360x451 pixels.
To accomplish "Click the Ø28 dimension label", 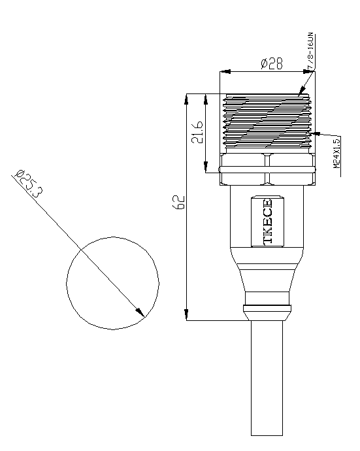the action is [x=271, y=63].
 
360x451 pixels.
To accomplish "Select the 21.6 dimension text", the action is [x=197, y=132].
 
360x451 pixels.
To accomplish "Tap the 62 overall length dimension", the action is [x=178, y=202].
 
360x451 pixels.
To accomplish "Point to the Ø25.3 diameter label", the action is [x=29, y=184].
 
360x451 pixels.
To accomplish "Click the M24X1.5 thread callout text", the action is [x=336, y=154].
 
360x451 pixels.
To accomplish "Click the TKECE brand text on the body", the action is [x=267, y=222].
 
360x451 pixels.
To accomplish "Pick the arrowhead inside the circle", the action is [x=140, y=312].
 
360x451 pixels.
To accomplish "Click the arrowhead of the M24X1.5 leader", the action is [x=316, y=133].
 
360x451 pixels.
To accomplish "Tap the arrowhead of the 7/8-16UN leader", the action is [x=301, y=91].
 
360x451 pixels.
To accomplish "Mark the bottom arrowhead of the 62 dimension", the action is [x=187, y=314].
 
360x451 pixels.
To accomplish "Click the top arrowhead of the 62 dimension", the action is [x=187, y=99].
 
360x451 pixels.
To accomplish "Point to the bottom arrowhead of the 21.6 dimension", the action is [x=206, y=167].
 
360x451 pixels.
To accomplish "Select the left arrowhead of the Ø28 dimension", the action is [x=225, y=71].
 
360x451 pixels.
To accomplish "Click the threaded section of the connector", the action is [x=267, y=123].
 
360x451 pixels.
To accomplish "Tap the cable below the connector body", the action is [x=267, y=378].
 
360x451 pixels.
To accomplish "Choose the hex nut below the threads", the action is [x=267, y=169].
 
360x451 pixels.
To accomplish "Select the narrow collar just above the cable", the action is [x=267, y=312].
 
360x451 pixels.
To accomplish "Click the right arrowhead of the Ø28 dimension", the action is [x=310, y=71].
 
